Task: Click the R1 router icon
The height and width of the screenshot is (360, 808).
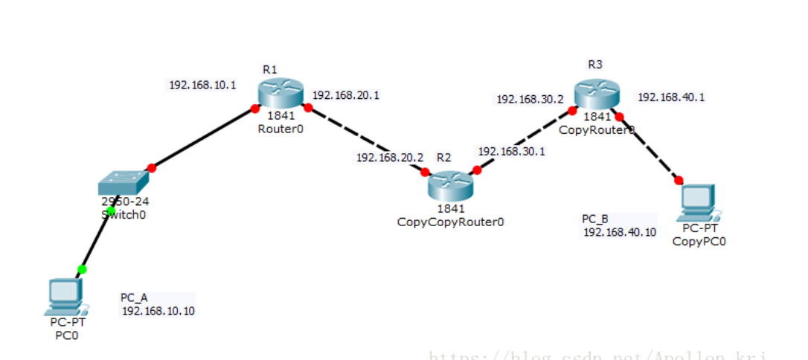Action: pyautogui.click(x=280, y=94)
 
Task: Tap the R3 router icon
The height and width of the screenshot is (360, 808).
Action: pyautogui.click(x=596, y=94)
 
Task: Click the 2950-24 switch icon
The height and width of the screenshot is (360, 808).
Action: pyautogui.click(x=123, y=182)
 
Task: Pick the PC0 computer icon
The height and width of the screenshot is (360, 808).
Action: pyautogui.click(x=65, y=297)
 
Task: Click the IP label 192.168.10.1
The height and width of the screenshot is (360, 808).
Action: pyautogui.click(x=202, y=85)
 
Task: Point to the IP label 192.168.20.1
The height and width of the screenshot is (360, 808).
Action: pyautogui.click(x=346, y=95)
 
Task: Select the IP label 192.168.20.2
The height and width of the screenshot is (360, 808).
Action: pyautogui.click(x=389, y=158)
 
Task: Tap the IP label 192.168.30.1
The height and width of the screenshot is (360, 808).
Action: pyautogui.click(x=511, y=151)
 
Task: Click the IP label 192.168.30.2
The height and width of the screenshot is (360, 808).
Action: pyautogui.click(x=530, y=99)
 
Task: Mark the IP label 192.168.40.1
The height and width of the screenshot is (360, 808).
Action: pyautogui.click(x=671, y=97)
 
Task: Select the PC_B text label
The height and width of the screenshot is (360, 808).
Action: pyautogui.click(x=595, y=219)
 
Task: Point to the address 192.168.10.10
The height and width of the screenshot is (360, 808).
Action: pyautogui.click(x=158, y=311)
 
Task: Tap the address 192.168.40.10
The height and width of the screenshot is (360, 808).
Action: pyautogui.click(x=620, y=232)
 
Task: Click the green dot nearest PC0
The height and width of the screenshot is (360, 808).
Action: pyautogui.click(x=82, y=269)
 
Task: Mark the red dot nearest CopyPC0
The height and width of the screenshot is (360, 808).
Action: pyautogui.click(x=679, y=179)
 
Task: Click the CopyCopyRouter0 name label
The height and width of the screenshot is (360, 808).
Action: pyautogui.click(x=450, y=222)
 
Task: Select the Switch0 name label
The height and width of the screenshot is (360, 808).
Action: pyautogui.click(x=124, y=215)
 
